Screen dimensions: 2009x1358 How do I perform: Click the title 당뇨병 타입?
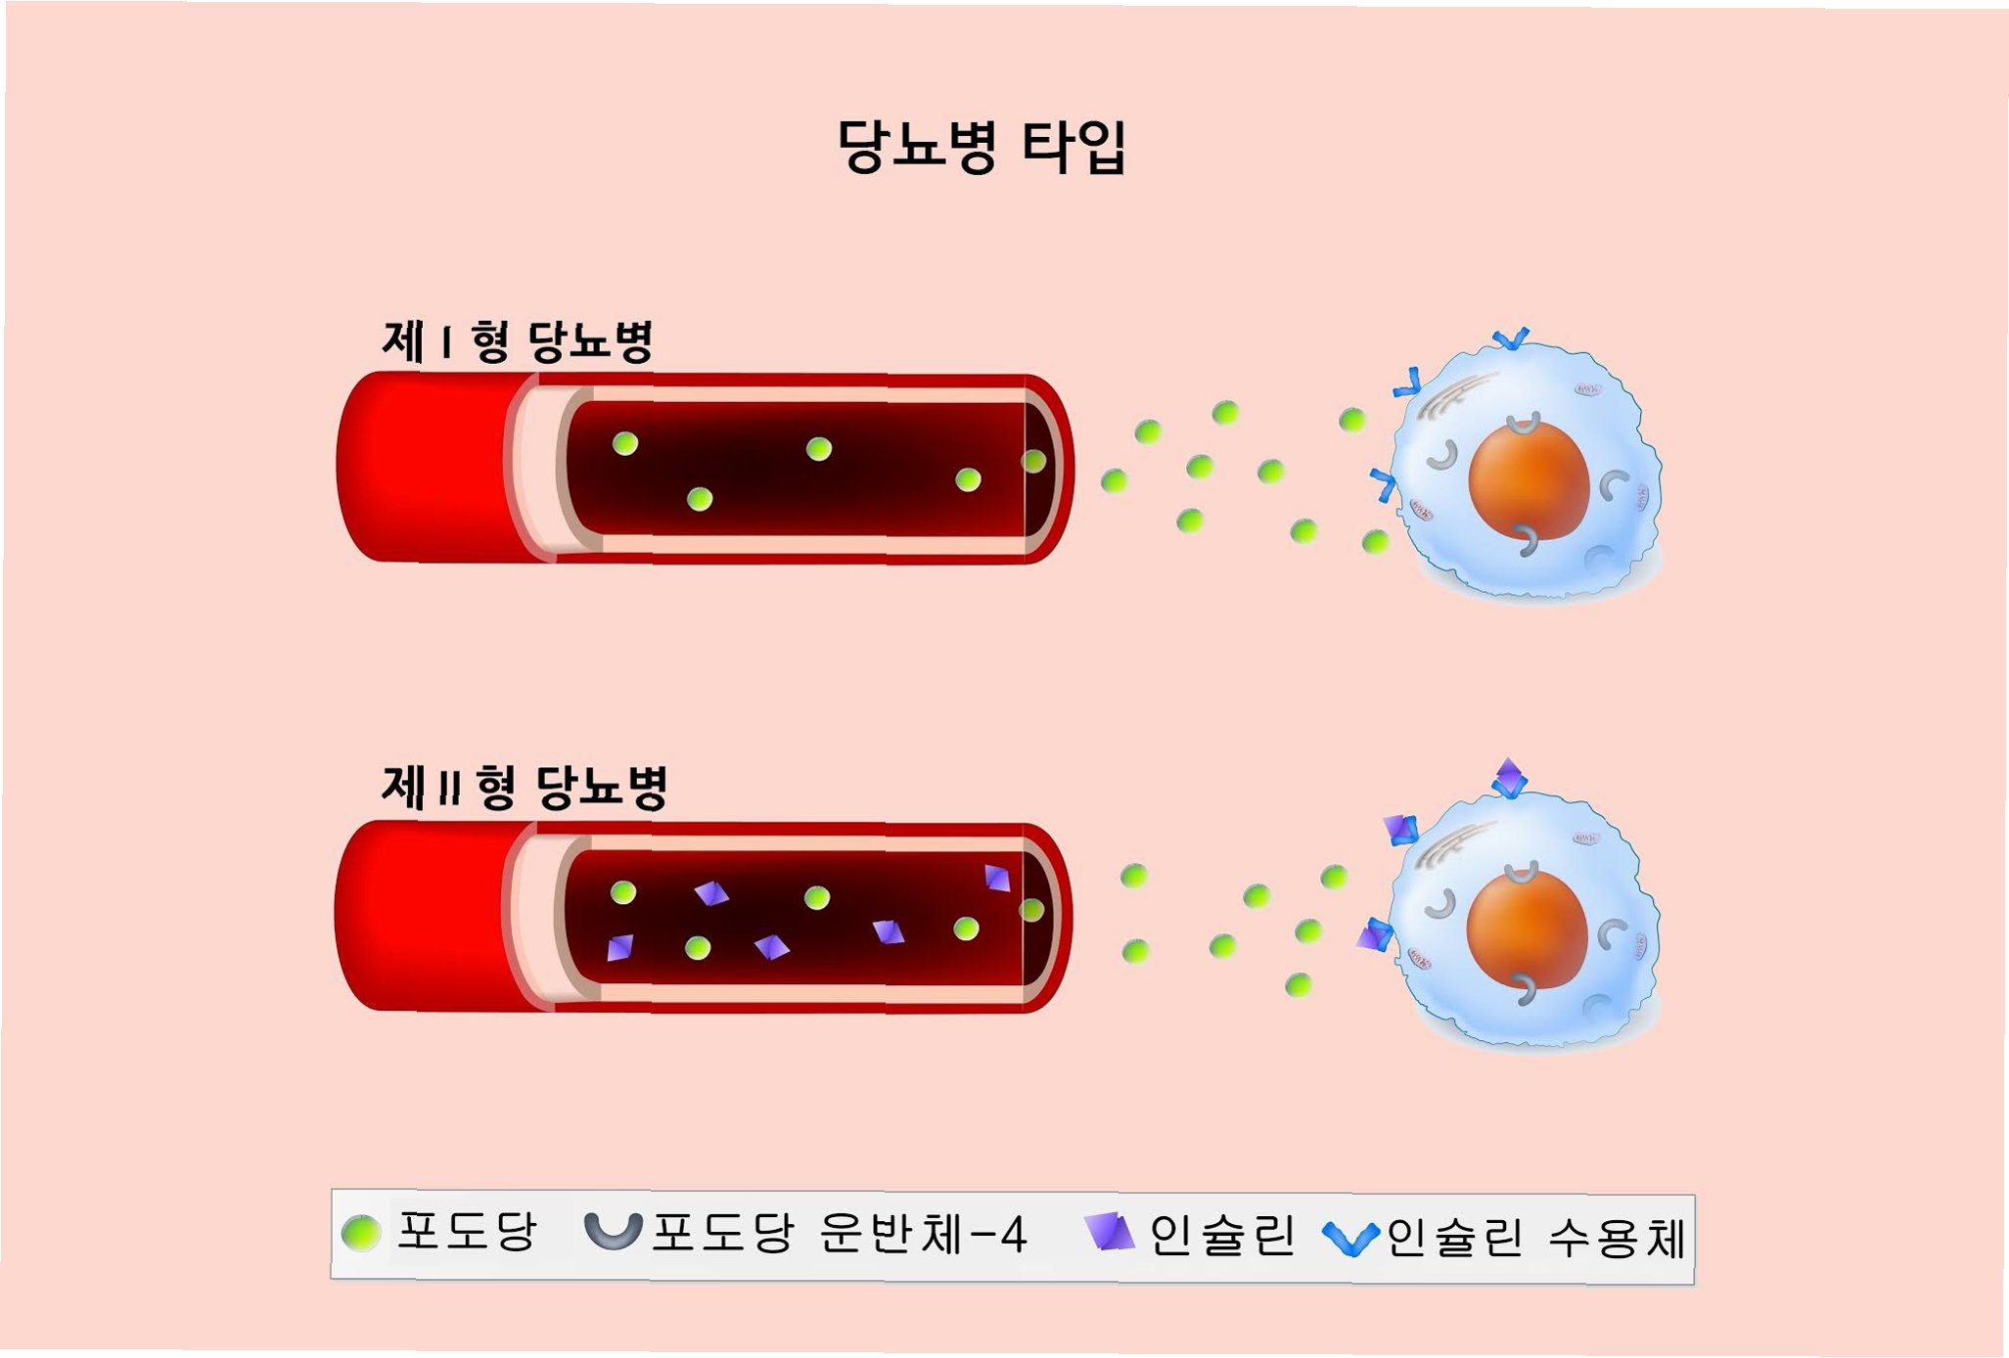click(x=982, y=147)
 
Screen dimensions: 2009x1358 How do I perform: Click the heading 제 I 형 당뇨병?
click(x=517, y=341)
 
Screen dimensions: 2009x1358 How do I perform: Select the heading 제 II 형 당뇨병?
click(x=525, y=788)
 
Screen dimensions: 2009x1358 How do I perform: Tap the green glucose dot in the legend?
click(x=361, y=1233)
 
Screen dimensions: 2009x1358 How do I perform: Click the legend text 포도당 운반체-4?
click(x=839, y=1234)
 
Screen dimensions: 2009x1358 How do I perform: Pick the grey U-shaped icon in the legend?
click(x=613, y=1231)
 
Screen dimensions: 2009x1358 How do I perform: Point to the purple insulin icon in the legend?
click(x=1111, y=1232)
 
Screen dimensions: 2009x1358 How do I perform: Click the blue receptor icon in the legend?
click(x=1350, y=1239)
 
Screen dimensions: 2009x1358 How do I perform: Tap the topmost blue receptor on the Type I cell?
click(x=1510, y=339)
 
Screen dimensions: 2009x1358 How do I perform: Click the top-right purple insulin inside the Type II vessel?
click(x=997, y=878)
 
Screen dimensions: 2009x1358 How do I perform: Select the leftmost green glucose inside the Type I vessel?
click(x=625, y=444)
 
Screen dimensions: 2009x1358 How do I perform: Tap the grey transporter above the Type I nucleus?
click(x=1523, y=426)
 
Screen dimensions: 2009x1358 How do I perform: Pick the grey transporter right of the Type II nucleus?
click(x=1611, y=934)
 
